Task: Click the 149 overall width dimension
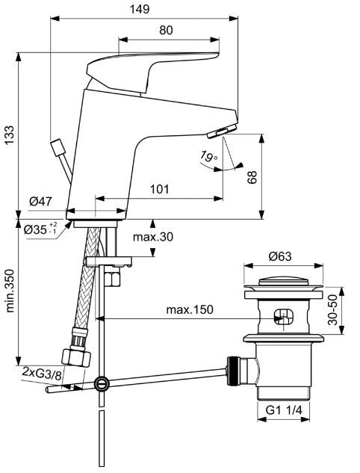140,9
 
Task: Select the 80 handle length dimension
166,30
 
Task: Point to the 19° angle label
208,157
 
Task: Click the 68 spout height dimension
252,177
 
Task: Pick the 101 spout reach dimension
160,189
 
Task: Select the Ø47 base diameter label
40,201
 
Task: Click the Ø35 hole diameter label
40,229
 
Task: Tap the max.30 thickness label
153,237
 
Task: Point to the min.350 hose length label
10,291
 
